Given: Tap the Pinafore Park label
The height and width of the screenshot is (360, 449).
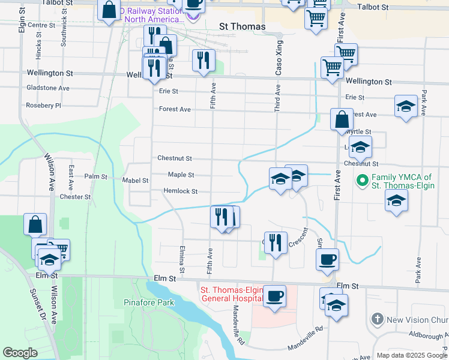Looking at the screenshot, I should pyautogui.click(x=149, y=302).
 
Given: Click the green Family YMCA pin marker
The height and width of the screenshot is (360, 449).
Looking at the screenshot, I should pyautogui.click(x=363, y=179).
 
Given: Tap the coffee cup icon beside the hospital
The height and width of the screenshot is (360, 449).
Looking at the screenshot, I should pyautogui.click(x=274, y=296).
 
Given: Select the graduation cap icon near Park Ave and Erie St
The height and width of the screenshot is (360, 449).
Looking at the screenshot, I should pyautogui.click(x=406, y=106).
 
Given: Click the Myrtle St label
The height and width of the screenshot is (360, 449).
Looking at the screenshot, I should pyautogui.click(x=360, y=131).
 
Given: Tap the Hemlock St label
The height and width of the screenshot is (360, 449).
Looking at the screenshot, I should pyautogui.click(x=181, y=191).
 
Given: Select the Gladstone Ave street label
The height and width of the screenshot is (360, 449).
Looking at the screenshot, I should pyautogui.click(x=48, y=88).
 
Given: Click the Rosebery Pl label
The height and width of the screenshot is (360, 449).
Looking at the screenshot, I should pyautogui.click(x=43, y=106).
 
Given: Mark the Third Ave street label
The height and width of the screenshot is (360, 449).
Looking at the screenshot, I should pyautogui.click(x=277, y=97).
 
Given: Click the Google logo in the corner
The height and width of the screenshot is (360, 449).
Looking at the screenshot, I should pyautogui.click(x=20, y=352).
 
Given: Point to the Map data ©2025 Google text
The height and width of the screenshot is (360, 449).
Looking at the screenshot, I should pyautogui.click(x=411, y=355).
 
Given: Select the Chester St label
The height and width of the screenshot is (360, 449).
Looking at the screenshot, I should pyautogui.click(x=75, y=197).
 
